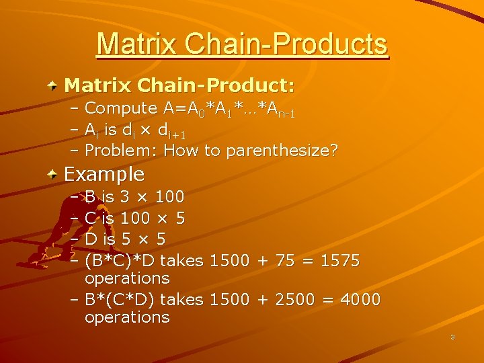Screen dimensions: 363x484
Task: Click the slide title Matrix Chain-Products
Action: (242, 44)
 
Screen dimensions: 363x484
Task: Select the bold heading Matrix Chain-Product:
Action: (179, 85)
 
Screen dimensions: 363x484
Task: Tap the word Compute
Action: (121, 108)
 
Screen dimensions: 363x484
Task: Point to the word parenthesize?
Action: (282, 151)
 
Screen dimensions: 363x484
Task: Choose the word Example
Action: (104, 174)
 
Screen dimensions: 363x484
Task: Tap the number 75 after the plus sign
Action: (285, 259)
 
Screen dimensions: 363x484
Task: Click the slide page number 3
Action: (452, 337)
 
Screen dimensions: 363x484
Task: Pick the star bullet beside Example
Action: (52, 175)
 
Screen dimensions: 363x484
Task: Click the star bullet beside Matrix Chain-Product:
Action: (52, 86)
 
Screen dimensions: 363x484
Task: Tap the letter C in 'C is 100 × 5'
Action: (91, 218)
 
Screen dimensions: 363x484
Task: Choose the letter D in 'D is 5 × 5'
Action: (91, 239)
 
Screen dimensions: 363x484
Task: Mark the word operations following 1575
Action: (127, 278)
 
